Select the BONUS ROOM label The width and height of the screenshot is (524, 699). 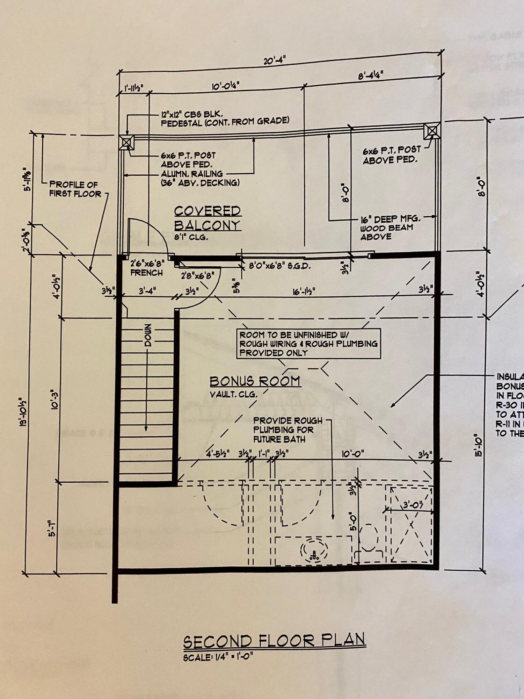(255, 381)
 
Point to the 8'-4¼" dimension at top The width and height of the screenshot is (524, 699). (371, 75)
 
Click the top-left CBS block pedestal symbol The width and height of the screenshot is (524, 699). (126, 142)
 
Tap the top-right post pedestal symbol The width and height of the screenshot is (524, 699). (432, 131)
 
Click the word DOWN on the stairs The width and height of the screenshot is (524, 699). (148, 335)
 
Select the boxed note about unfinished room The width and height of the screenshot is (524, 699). (308, 344)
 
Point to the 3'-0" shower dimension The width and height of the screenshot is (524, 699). (413, 505)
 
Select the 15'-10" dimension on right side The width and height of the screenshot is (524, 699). (479, 445)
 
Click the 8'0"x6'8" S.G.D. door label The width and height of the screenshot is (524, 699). (279, 266)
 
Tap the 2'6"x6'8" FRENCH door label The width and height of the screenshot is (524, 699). (147, 268)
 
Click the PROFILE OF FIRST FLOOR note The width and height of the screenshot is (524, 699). (75, 189)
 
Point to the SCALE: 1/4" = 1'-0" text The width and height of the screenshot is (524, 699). (218, 657)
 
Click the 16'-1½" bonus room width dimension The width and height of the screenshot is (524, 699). (304, 291)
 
